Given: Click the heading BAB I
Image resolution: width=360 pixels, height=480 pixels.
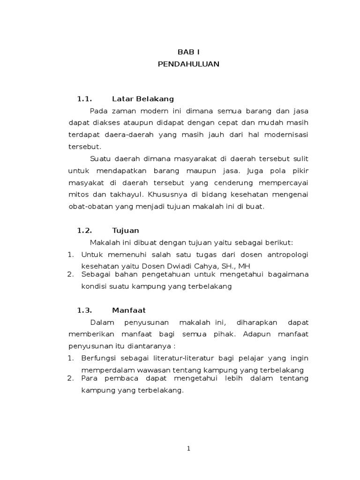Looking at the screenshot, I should click(188, 52).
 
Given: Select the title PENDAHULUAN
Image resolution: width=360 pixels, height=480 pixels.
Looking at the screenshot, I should click(188, 64).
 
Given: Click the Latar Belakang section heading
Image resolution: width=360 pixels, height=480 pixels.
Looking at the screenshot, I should click(143, 99).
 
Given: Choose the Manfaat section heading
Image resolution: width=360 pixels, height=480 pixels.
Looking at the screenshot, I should click(129, 310).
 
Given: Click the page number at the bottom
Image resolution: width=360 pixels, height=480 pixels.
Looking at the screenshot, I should click(188, 449).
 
